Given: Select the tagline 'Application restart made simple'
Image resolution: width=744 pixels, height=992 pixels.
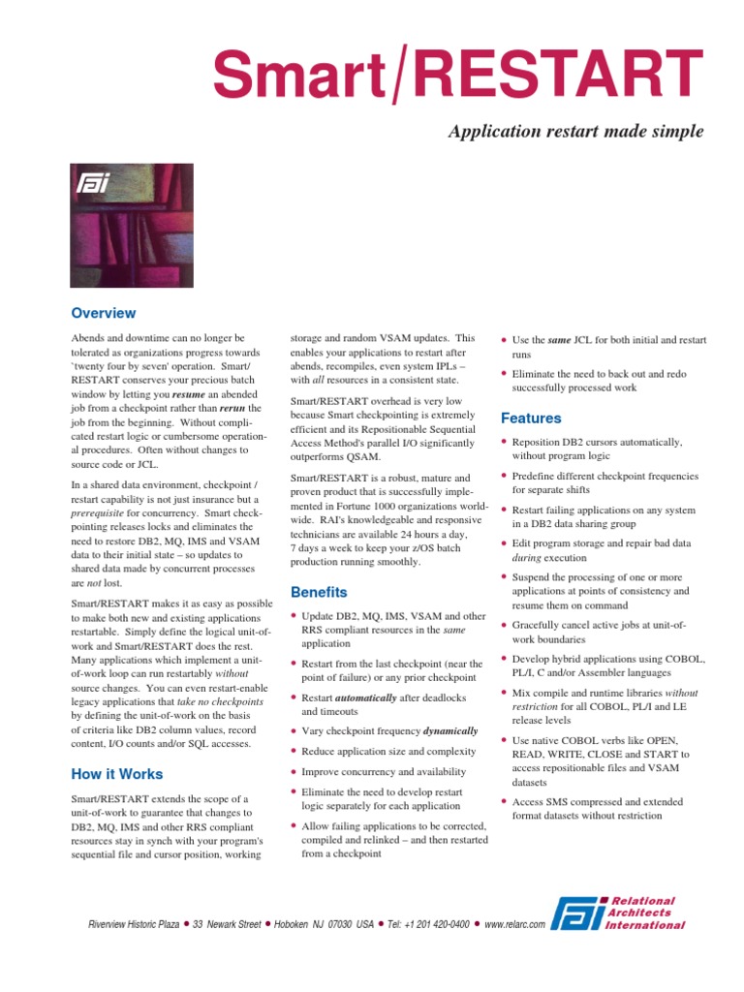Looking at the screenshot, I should tap(575, 131).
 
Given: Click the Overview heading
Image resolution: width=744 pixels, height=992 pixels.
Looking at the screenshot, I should tap(104, 313).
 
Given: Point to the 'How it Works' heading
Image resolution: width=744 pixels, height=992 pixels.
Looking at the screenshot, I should tap(117, 774).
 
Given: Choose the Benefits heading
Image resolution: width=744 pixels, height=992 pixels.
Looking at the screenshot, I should tap(319, 592).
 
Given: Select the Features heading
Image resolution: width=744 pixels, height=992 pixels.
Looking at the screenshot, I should tap(531, 418).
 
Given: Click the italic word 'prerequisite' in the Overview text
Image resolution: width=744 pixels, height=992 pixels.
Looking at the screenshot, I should tap(104, 525).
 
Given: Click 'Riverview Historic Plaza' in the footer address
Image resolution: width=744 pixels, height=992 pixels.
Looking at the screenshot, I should tap(134, 924).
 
